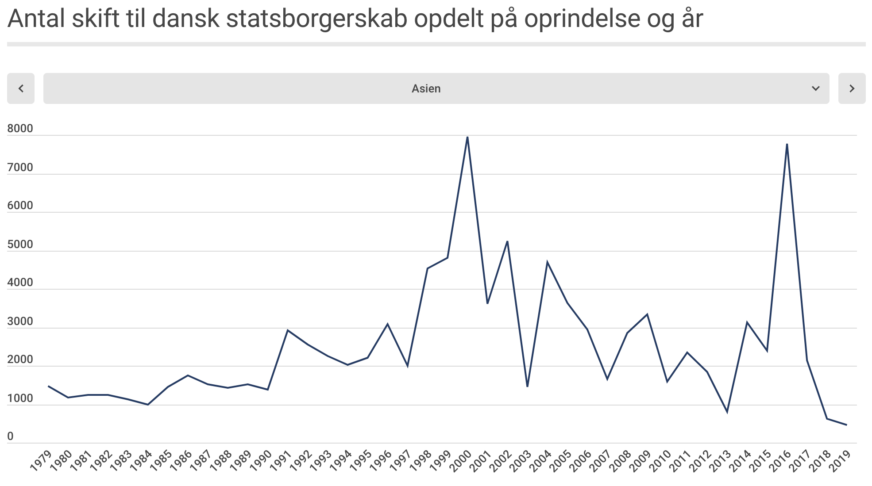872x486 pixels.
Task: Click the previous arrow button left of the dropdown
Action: pos(21,88)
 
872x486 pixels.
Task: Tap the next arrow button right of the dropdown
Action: pos(852,88)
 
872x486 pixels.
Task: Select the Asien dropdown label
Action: pos(426,88)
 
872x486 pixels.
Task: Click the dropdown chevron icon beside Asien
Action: pos(815,88)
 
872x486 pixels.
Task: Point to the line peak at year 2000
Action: pos(467,137)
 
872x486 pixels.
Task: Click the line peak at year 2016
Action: pos(787,144)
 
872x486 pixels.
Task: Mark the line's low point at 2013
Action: pos(727,412)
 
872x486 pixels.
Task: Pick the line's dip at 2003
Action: pos(527,387)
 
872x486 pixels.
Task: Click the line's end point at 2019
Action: pos(846,425)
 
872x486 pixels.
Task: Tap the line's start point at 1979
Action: pos(49,386)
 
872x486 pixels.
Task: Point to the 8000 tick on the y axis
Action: pos(20,129)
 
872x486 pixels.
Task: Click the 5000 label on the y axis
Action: pos(20,245)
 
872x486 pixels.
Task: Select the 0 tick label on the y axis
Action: pos(11,436)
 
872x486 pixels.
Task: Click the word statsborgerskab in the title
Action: pos(316,19)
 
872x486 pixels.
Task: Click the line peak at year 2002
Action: pos(507,241)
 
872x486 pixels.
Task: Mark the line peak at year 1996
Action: pos(387,324)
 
